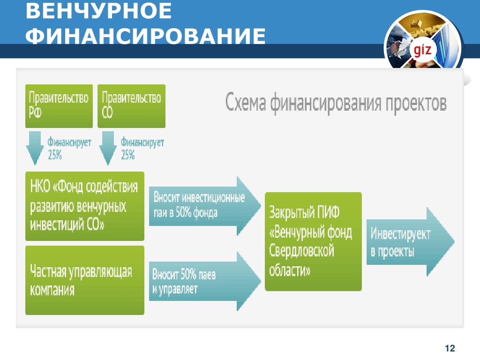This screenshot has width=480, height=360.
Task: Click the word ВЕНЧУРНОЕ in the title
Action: coord(98,11)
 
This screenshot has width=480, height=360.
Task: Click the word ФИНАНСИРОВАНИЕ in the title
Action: coord(145,36)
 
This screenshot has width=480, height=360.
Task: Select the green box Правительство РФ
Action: coord(59,106)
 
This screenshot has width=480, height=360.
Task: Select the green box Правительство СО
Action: coord(131,106)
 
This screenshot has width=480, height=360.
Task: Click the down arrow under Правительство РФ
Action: coord(35,148)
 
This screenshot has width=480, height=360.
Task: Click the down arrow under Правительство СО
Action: coord(108,148)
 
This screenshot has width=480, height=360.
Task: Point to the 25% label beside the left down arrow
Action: coord(55,155)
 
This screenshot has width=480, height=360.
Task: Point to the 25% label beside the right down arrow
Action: coord(127,155)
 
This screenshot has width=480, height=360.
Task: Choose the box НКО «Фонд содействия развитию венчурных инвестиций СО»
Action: coord(85,206)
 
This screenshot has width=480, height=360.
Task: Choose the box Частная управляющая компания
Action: coord(85,280)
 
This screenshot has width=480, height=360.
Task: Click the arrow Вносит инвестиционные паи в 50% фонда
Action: coord(205,206)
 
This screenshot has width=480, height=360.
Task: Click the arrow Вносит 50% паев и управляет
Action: coord(205,281)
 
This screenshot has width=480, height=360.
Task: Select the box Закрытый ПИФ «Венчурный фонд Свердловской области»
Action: coord(313,241)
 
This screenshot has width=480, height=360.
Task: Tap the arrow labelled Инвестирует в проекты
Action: coord(410,242)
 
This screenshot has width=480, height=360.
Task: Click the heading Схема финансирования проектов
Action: coord(336,103)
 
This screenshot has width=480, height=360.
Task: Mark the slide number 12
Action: coord(450,348)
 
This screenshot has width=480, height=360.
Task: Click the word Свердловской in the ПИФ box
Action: coord(301,251)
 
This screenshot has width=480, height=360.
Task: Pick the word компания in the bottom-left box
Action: coord(52,290)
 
